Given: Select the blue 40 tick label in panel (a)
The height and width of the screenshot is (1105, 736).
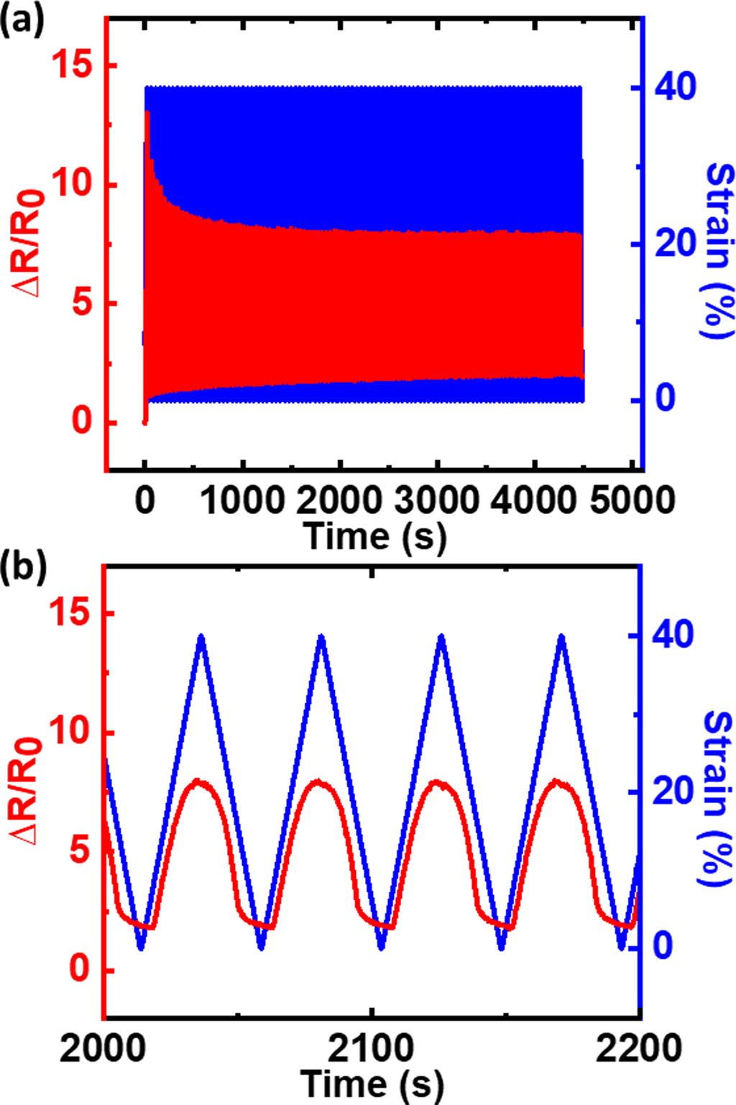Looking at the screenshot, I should (674, 88).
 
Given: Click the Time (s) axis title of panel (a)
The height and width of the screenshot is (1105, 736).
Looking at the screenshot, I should (374, 536).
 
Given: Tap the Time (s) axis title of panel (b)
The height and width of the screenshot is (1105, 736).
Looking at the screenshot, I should (372, 1083).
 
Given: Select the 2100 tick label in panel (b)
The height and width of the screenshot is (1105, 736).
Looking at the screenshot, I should (372, 1049).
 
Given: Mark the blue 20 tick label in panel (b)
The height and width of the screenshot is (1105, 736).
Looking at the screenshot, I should (674, 792).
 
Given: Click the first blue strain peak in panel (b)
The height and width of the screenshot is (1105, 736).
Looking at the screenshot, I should (201, 636).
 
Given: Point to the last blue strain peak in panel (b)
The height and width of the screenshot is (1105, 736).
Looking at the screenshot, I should (561, 636).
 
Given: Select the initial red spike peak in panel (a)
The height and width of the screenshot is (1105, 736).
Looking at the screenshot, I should (147, 113).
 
